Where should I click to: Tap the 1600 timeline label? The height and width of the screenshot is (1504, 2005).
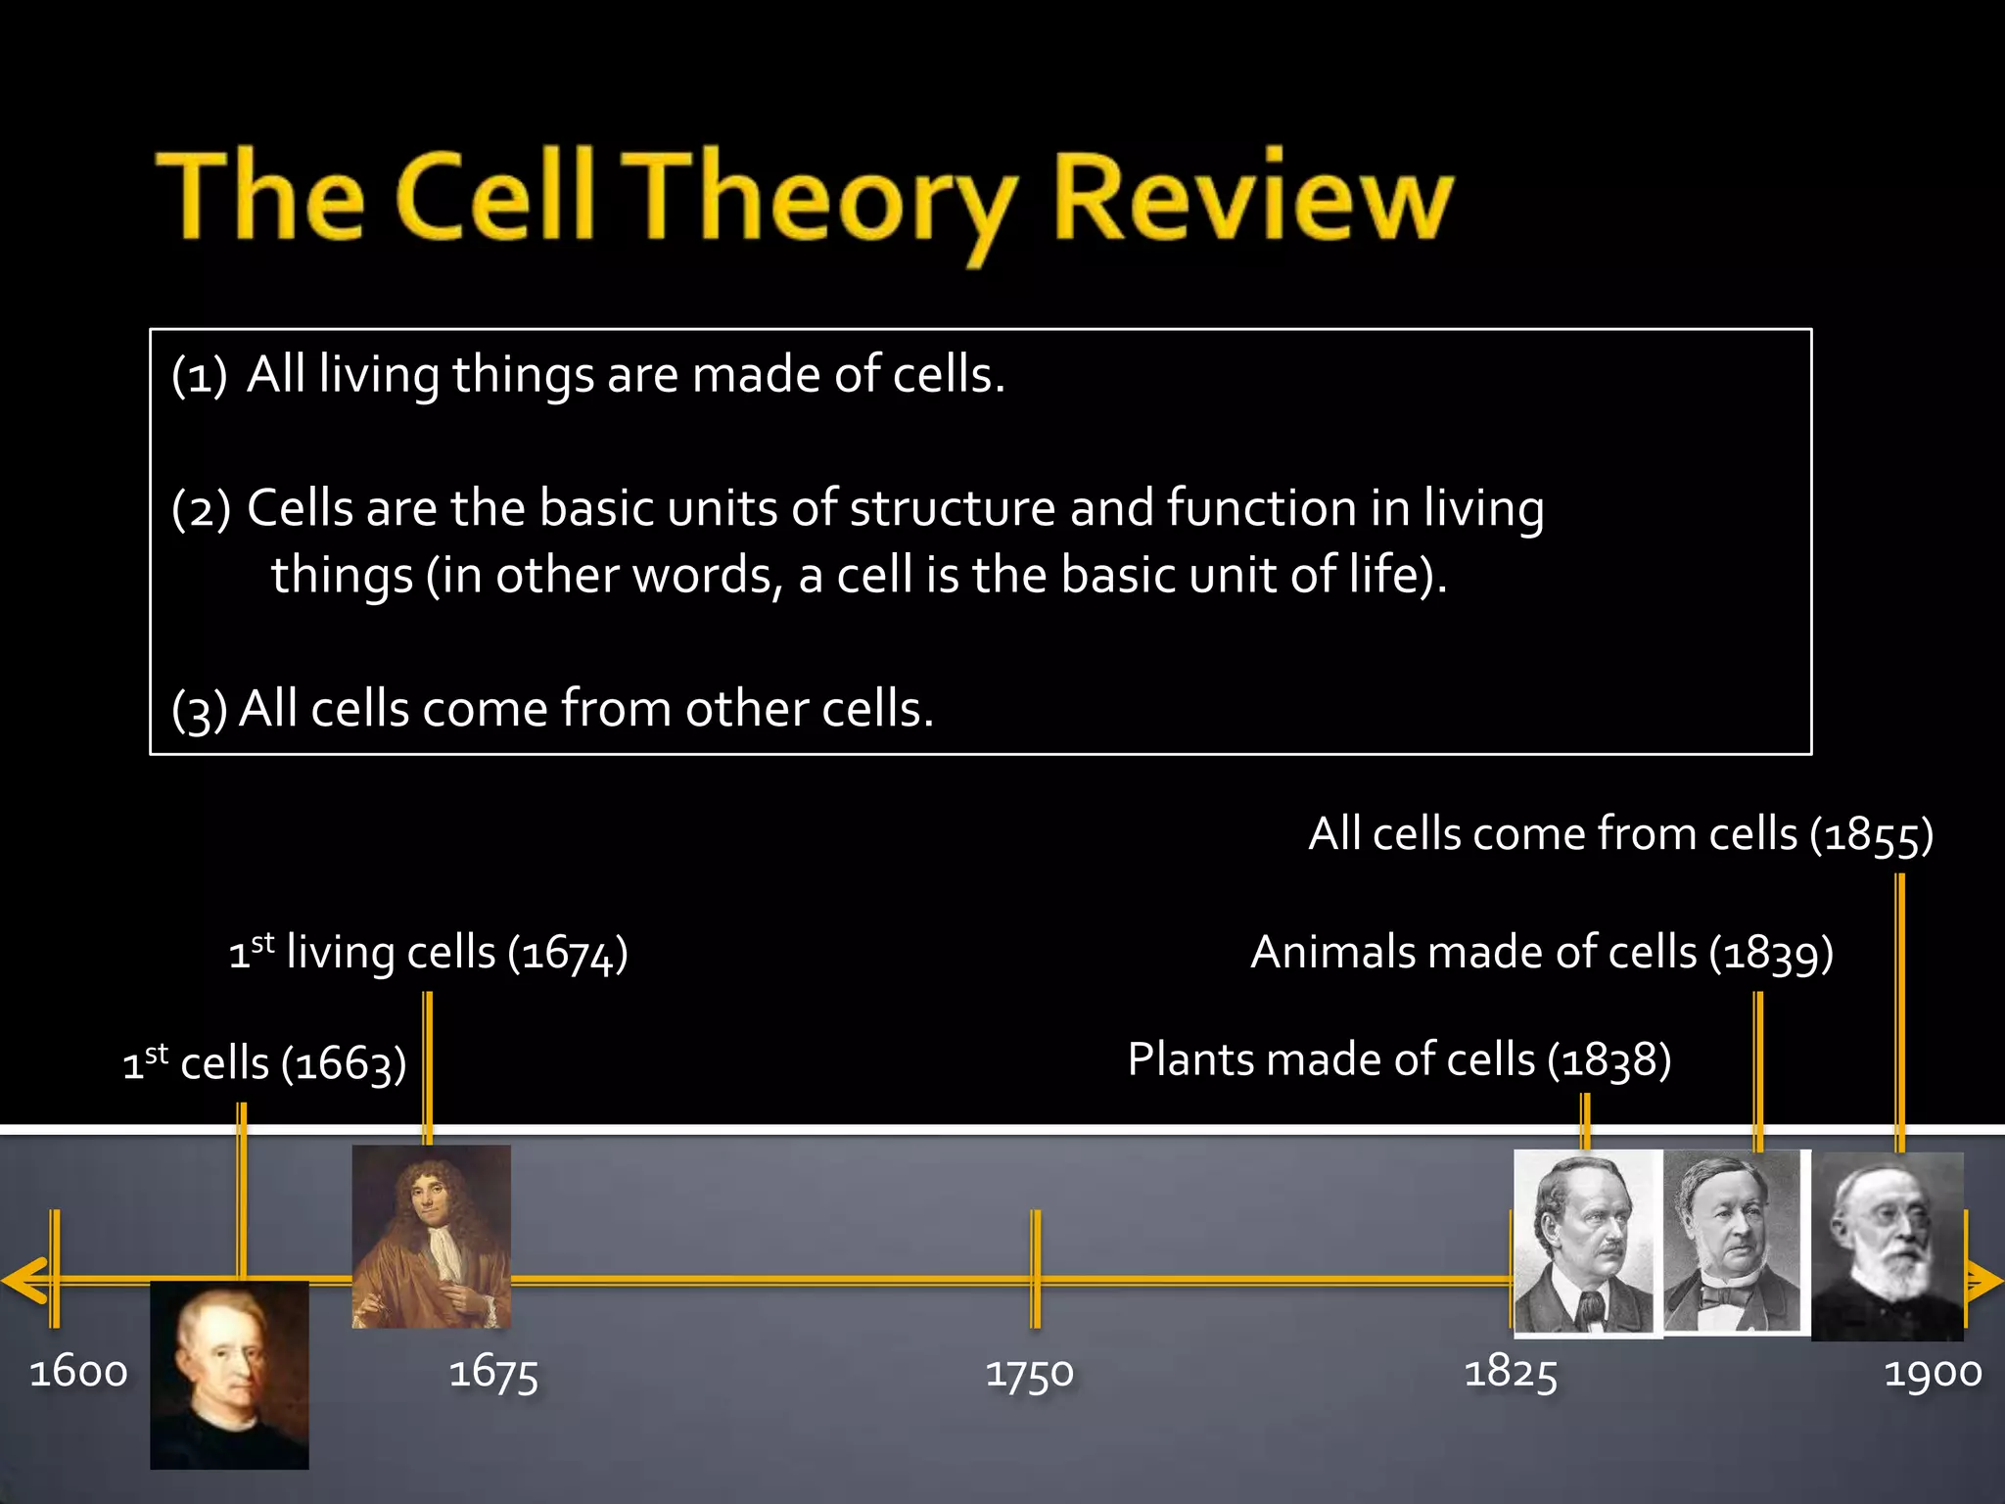point(78,1372)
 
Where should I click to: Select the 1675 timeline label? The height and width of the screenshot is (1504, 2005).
point(493,1373)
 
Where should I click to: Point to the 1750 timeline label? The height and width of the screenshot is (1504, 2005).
point(1029,1373)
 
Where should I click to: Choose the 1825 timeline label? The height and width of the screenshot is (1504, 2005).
point(1510,1372)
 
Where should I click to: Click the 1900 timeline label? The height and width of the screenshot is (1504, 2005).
point(1933,1372)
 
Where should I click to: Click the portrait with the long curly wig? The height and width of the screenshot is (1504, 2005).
point(431,1236)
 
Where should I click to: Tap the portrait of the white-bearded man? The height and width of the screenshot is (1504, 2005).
point(1887,1245)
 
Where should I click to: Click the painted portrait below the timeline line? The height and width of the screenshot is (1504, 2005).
point(229,1374)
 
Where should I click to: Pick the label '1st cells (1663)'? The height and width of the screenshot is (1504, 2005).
point(264,1063)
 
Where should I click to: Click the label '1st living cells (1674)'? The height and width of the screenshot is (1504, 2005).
point(428,953)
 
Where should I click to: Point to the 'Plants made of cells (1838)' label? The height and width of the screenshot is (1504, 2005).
point(1399,1060)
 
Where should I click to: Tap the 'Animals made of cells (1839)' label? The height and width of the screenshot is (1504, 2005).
point(1542,953)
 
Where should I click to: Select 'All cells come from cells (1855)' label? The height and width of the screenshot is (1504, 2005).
point(1620,835)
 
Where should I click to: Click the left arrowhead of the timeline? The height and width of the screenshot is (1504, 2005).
point(23,1280)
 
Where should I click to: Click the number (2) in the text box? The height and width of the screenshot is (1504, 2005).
point(201,509)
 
